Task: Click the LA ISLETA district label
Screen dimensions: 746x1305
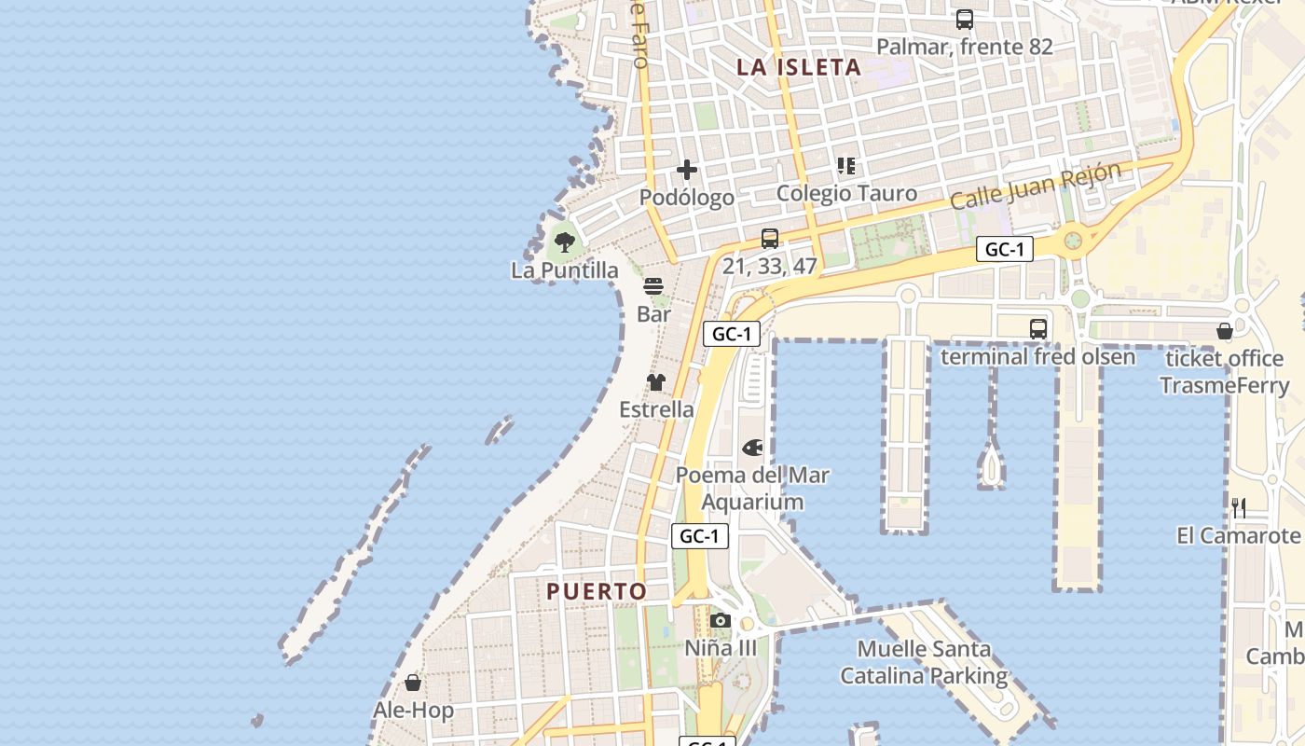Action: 798,67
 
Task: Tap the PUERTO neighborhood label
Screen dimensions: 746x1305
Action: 597,591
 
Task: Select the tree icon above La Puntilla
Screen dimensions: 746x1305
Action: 564,243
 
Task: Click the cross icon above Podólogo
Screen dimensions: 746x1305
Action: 687,170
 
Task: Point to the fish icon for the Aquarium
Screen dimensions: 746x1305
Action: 752,448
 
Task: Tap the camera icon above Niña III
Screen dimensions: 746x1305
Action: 720,621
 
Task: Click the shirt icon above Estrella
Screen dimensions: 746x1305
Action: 656,382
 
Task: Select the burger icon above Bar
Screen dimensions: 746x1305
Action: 653,286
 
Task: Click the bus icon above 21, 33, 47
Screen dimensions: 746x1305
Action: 769,239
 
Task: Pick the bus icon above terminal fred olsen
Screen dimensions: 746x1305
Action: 1037,329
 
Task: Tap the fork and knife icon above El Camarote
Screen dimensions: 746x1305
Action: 1239,508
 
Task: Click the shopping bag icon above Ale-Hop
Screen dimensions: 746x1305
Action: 413,683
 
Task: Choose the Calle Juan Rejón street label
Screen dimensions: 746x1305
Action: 1034,186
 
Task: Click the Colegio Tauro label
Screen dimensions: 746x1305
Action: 846,193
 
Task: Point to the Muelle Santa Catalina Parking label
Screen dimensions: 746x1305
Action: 924,662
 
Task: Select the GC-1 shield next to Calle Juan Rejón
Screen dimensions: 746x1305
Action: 1005,249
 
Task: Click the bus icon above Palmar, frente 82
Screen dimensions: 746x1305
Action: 965,19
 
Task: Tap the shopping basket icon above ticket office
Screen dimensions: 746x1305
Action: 1225,331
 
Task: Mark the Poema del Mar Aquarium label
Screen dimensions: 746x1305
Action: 752,489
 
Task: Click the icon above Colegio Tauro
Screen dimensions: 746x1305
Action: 846,166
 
